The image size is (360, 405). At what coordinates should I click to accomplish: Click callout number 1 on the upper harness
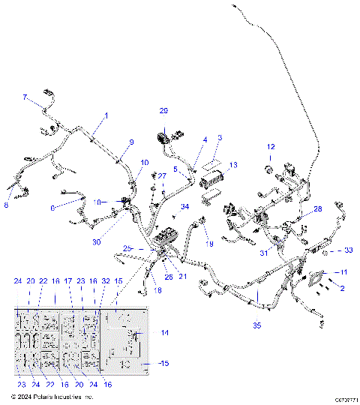click(x=106, y=115)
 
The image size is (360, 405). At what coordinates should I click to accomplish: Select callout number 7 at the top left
click(x=24, y=97)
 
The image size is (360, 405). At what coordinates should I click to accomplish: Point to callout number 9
click(x=131, y=142)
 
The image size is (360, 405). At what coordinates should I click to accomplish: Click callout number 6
click(x=53, y=208)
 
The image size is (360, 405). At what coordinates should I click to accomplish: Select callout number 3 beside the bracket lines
click(x=220, y=138)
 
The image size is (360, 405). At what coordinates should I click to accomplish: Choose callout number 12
click(x=271, y=147)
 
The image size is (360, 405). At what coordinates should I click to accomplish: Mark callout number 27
click(x=160, y=175)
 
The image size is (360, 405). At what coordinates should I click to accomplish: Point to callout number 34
click(x=185, y=208)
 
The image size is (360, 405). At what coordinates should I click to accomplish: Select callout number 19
click(x=210, y=244)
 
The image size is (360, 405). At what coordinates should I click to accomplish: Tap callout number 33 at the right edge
click(x=348, y=250)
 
